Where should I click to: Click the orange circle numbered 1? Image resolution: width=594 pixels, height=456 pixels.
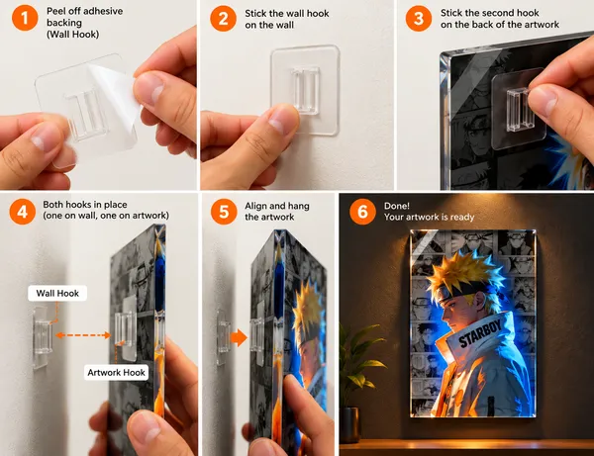point(25,18)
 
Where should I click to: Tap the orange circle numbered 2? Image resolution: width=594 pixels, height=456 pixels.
point(224,18)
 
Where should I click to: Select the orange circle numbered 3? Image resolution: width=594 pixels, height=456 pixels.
point(419,18)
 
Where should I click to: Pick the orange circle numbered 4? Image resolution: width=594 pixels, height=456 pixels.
point(23,212)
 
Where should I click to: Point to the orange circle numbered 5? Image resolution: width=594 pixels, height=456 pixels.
point(224,212)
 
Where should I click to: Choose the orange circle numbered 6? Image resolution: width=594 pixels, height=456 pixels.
point(362,212)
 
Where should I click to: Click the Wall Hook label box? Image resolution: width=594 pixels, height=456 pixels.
point(57,293)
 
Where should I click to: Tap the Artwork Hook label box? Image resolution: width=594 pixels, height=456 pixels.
point(116,372)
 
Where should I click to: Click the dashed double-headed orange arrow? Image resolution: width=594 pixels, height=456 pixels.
point(83,335)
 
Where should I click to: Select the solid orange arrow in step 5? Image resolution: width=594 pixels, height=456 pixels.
point(239,337)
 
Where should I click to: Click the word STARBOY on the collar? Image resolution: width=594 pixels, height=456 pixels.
point(480,332)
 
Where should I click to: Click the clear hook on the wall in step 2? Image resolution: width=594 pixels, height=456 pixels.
point(305,90)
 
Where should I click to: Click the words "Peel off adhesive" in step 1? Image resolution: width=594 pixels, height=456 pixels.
point(84,11)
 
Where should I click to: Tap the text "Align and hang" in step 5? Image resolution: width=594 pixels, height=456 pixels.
point(277,206)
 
